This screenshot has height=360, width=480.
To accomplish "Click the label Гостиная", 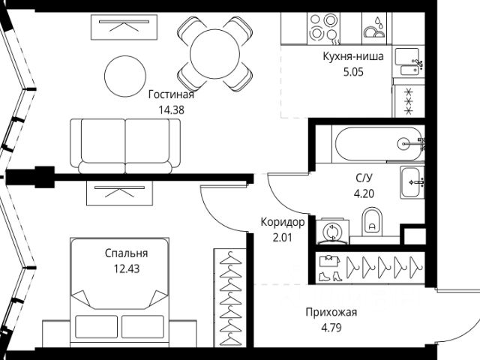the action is click(171, 94).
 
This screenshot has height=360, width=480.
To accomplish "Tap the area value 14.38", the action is click(171, 109).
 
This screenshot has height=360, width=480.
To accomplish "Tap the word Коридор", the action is click(283, 222).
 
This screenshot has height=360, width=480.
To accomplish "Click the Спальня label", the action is click(126, 253).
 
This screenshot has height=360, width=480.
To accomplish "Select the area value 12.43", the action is click(126, 268).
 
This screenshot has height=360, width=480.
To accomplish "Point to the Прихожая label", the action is click(331, 313).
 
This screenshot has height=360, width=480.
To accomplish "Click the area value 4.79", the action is click(331, 327).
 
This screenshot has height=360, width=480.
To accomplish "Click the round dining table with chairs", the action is click(214, 52).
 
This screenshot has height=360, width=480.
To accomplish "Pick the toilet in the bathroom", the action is click(372, 220).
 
